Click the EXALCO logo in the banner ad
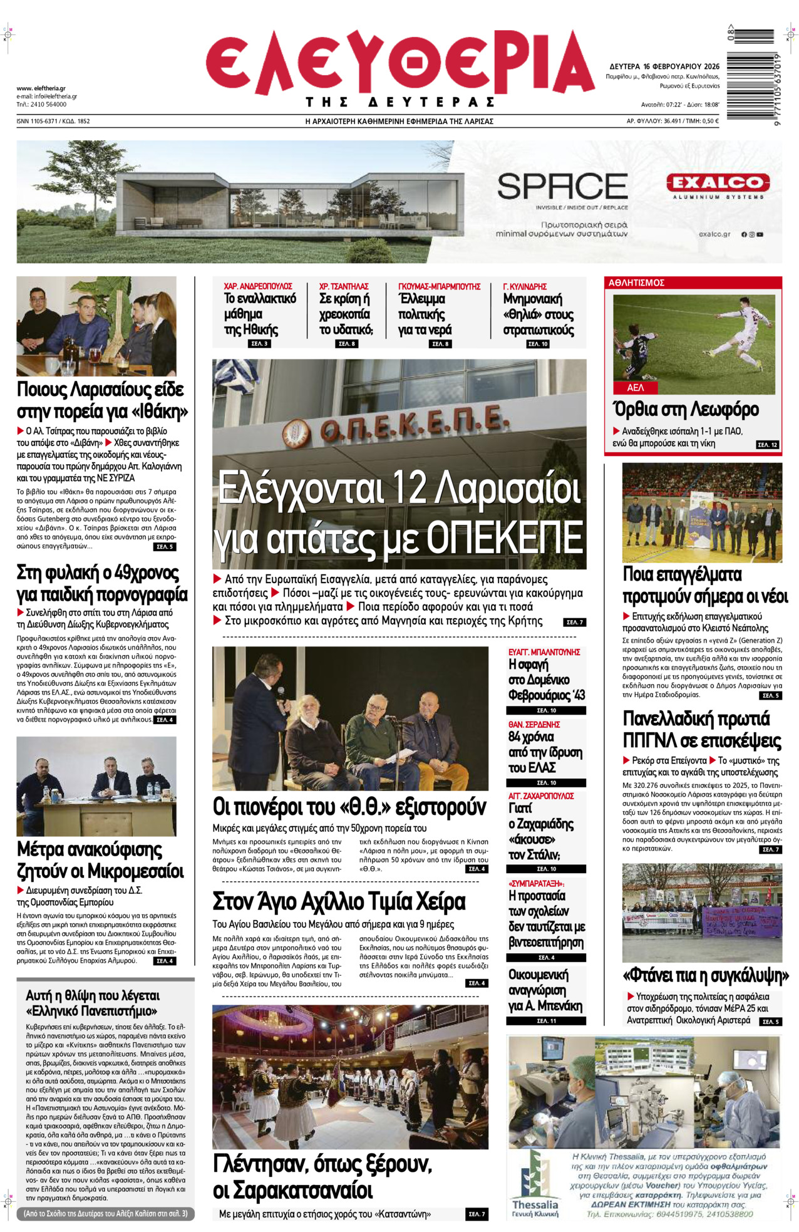coord(718,183)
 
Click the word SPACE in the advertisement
coord(562,187)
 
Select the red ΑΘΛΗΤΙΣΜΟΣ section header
coord(636,283)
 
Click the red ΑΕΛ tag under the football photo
coord(636,388)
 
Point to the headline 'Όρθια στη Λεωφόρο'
coord(686,410)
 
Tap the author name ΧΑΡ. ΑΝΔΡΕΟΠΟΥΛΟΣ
coord(258,286)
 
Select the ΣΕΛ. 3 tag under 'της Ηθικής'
coord(259,344)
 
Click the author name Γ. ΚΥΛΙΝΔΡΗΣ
coord(525,286)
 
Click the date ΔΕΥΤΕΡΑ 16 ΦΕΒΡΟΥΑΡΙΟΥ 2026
coord(664,66)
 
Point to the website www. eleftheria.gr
coord(41,88)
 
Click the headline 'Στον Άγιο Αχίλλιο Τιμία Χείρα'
coord(339,902)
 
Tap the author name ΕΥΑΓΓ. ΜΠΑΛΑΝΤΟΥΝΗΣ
coord(544,652)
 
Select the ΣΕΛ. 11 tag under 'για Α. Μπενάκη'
coord(546,1021)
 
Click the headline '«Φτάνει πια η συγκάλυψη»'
coord(706,975)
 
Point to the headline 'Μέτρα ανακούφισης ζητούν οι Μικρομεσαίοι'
coord(100,860)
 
